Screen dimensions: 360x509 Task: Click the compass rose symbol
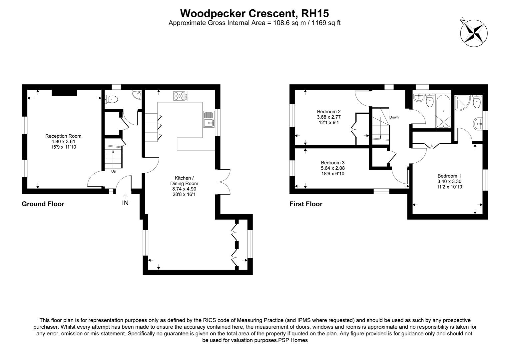pyautogui.click(x=474, y=32)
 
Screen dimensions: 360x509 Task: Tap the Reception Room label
pyautogui.click(x=63, y=136)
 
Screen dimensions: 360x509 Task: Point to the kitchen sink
pyautogui.click(x=209, y=119)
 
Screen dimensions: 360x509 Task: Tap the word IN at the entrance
pyautogui.click(x=125, y=203)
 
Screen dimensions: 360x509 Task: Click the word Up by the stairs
pyautogui.click(x=114, y=171)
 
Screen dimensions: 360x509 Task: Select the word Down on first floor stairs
pyautogui.click(x=394, y=117)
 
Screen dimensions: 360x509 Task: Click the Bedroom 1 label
pyautogui.click(x=449, y=176)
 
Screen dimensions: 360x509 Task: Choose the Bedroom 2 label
pyautogui.click(x=328, y=112)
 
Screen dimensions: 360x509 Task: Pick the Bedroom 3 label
pyautogui.click(x=328, y=163)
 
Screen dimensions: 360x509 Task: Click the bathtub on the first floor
pyautogui.click(x=443, y=112)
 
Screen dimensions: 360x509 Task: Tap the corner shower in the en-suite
pyautogui.click(x=462, y=103)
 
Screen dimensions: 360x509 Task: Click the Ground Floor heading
pyautogui.click(x=43, y=204)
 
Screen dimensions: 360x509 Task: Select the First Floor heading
pyautogui.click(x=306, y=204)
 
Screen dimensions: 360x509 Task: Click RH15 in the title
pyautogui.click(x=315, y=13)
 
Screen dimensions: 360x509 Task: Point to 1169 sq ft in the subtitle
pyautogui.click(x=326, y=23)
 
